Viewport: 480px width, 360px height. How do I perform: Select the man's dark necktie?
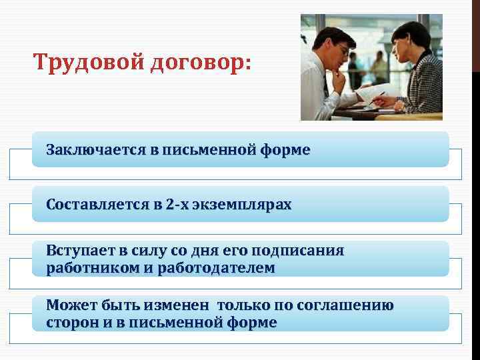[x=326, y=87]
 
